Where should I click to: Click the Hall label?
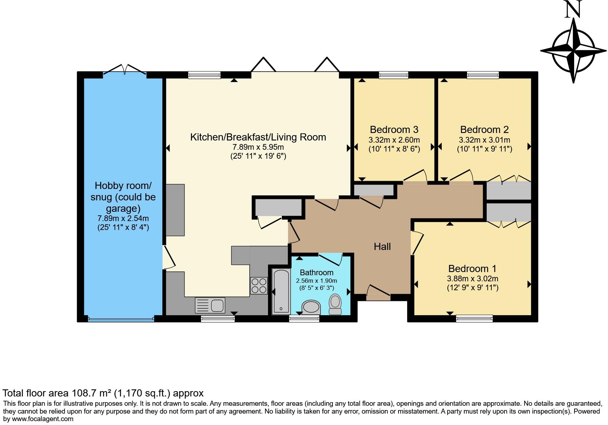382,246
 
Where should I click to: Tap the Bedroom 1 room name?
472,268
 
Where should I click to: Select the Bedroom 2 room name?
485,130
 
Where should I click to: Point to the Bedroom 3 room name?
394,130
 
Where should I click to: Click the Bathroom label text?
316,272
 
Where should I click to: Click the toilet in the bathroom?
335,304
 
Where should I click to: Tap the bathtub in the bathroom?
281,291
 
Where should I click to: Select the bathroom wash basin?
311,307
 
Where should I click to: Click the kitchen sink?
210,305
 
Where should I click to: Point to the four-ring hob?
259,286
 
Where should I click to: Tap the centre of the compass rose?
573,51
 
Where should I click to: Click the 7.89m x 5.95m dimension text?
258,147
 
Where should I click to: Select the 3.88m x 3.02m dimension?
472,278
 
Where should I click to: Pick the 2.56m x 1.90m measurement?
316,281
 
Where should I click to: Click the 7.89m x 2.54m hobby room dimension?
123,218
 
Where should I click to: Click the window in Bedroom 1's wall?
474,318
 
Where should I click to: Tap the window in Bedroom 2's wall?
483,75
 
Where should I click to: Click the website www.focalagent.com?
42,419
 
